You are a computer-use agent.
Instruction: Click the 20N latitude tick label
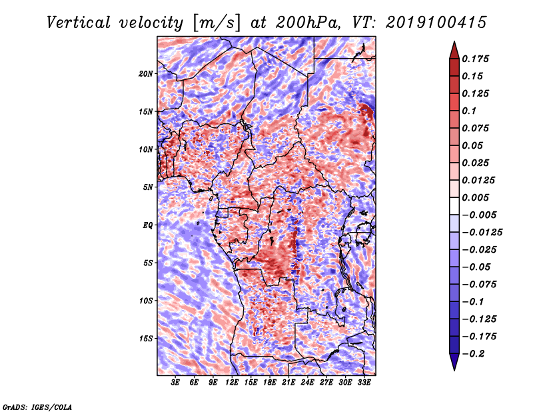[146, 74]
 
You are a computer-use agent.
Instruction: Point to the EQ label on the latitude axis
[148, 225]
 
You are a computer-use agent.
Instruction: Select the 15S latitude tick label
[146, 339]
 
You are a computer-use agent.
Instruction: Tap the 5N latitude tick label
[148, 187]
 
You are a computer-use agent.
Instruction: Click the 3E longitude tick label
[175, 382]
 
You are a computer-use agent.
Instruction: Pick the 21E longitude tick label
[288, 382]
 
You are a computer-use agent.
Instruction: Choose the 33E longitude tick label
[364, 382]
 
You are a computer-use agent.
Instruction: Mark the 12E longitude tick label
[232, 382]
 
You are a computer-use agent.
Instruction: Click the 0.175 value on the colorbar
[476, 59]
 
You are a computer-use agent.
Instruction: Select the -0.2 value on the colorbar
[473, 354]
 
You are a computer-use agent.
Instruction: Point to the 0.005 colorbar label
[476, 197]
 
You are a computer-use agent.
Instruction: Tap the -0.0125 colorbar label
[482, 233]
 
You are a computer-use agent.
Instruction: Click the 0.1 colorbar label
[470, 111]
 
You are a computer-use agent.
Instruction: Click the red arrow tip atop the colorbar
[454, 42]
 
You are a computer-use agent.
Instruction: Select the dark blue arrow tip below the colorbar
[454, 369]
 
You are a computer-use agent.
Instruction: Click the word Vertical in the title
[78, 23]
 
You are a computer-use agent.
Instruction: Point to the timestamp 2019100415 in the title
[436, 23]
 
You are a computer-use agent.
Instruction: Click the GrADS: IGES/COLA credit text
[37, 407]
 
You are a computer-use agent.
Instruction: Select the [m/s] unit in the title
[217, 23]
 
